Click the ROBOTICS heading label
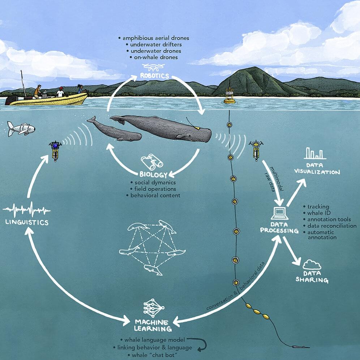point(154,76)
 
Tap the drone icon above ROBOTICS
point(153,67)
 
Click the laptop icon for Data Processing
point(280,213)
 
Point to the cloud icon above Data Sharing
point(312,265)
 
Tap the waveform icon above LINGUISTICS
point(27,209)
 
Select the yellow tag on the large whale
point(197,128)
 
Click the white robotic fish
point(21,129)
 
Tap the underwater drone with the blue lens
point(55,150)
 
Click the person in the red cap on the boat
point(61,92)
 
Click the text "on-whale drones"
point(156,57)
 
